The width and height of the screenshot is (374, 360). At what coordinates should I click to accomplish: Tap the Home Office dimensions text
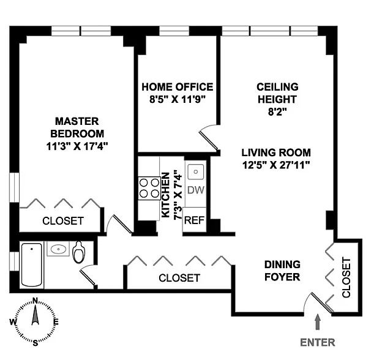coord(178,100)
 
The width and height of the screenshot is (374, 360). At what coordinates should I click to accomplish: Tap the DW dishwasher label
coord(195,190)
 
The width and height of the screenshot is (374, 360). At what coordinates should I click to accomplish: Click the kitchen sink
coord(196,171)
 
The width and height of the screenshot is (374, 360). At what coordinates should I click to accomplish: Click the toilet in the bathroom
coord(80,252)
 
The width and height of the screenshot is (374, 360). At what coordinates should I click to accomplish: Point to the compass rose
coord(35,321)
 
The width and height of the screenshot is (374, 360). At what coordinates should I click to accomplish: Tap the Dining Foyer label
coord(282,271)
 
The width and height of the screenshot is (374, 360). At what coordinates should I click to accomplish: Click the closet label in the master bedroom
coord(62,221)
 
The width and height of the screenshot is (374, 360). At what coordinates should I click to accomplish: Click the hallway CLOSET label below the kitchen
coord(179,277)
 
